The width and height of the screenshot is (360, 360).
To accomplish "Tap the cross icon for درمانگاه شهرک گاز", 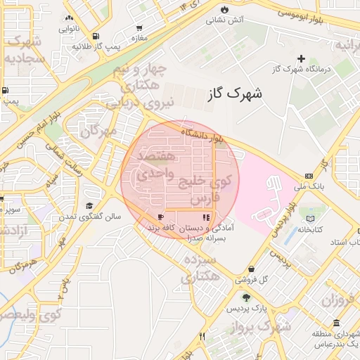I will (302, 58).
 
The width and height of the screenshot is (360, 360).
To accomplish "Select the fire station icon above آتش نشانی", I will (224, 10).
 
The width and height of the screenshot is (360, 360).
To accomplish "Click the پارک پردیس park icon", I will (245, 298).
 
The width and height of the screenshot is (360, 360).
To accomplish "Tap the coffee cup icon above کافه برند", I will (161, 217).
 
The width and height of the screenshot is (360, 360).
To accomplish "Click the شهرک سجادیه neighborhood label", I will (24, 51).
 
